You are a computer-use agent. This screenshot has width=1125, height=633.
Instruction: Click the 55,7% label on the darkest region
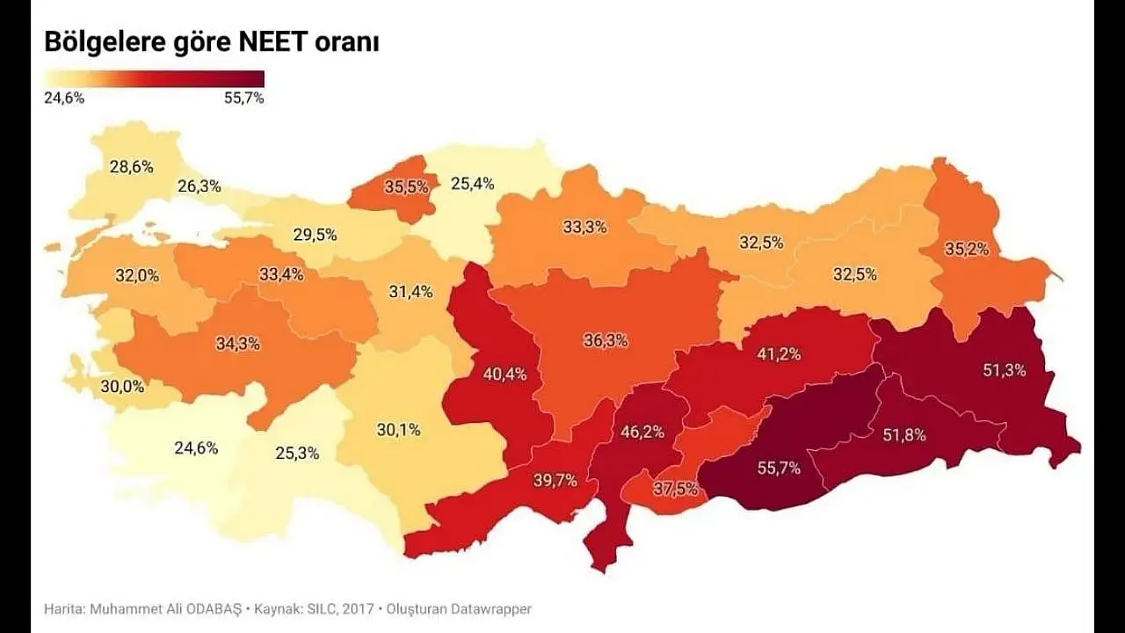pos(779,469)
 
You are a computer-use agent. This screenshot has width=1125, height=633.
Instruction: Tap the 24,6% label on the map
pos(196,447)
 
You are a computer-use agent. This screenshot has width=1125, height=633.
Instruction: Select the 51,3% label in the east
pos(1005,370)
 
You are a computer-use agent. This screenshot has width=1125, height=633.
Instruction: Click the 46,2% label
pos(642,432)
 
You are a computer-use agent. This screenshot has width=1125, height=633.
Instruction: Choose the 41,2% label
pos(779,354)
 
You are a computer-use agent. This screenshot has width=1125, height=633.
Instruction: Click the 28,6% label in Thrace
pos(131,167)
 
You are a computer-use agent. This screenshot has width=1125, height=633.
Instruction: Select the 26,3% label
pos(200,186)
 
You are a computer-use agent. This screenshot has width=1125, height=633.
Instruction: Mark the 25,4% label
pos(473,184)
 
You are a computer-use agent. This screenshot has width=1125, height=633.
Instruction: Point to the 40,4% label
pos(505,374)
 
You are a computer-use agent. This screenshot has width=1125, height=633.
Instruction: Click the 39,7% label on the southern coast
pos(555,480)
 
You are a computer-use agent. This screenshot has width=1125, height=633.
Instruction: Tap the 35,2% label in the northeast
pos(967,249)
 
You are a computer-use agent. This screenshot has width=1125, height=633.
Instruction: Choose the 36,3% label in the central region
pos(606,340)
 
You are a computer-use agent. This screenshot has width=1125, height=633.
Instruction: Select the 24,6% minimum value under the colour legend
pos(64,98)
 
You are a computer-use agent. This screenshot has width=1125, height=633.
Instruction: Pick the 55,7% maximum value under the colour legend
pos(244,98)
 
